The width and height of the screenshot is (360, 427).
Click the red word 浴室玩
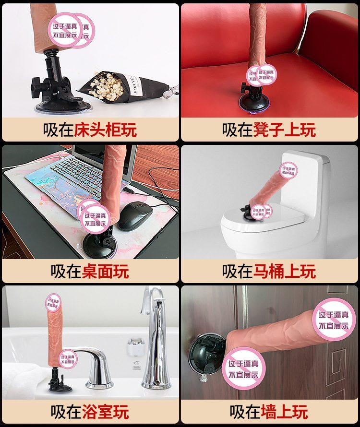click(105, 412)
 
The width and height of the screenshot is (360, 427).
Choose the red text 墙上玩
click(284, 412)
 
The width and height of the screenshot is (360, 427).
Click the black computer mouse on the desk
click(135, 217)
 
